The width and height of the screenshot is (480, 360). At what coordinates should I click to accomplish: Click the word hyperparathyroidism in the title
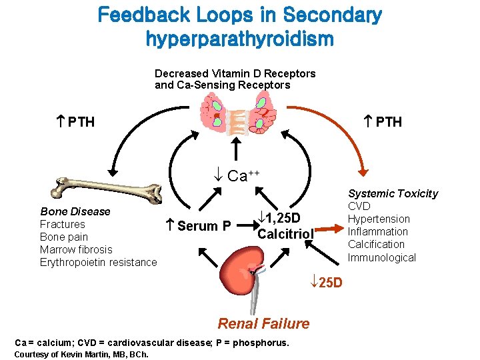point(239,39)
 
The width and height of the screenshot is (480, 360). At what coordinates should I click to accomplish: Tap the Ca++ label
point(238,176)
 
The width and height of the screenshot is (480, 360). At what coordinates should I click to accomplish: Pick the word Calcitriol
point(285,234)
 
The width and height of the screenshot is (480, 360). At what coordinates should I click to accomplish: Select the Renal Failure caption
point(263,324)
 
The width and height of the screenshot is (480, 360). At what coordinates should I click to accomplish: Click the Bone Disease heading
point(75,211)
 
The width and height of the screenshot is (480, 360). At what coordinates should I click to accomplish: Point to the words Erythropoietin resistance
point(99,262)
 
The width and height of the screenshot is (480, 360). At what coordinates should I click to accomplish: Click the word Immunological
point(381,257)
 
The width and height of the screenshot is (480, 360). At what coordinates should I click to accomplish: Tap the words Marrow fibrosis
point(76,249)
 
